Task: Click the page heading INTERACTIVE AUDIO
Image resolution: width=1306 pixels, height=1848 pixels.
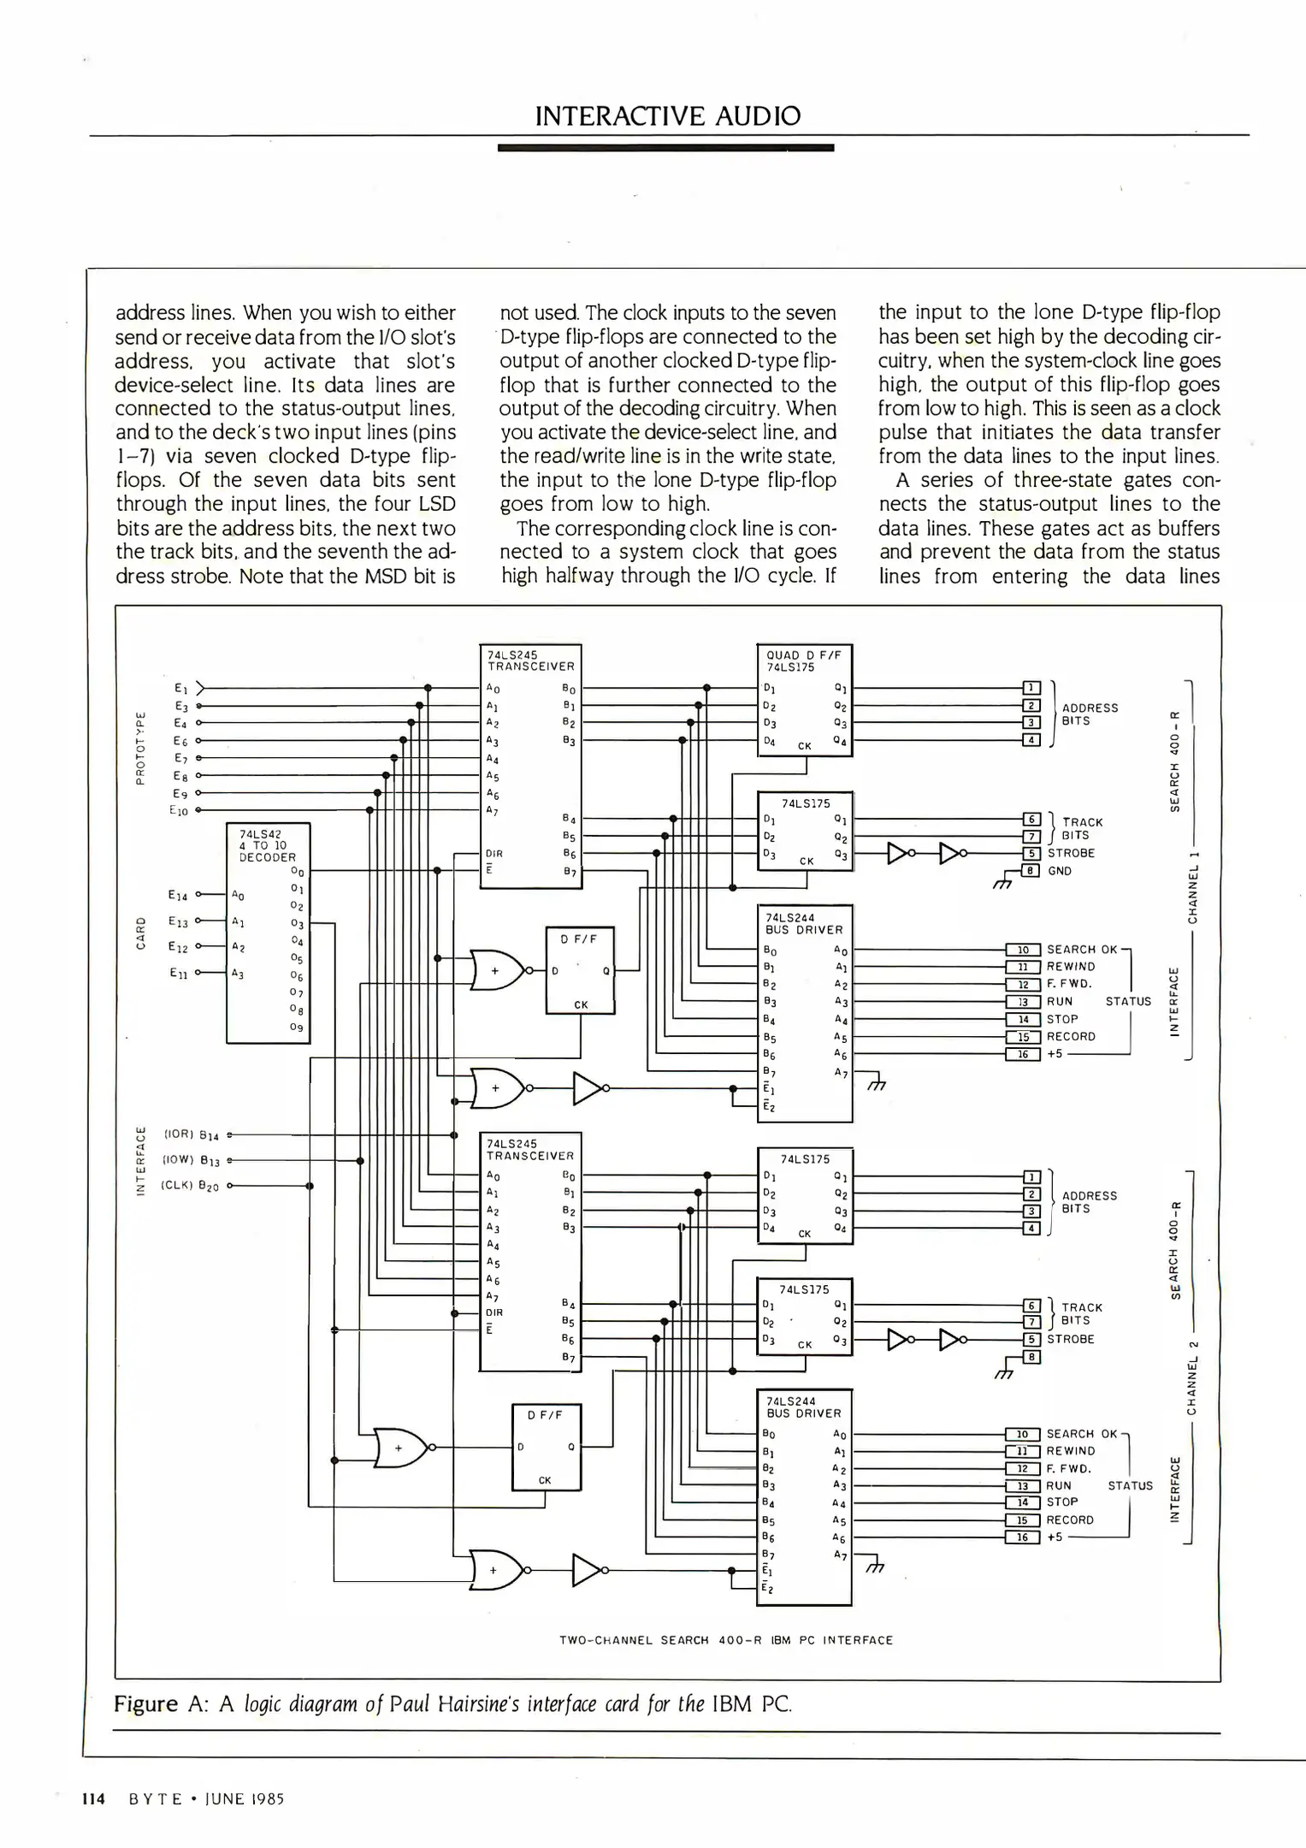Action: coord(668,116)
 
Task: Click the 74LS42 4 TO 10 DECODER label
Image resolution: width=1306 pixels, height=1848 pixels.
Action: coord(268,845)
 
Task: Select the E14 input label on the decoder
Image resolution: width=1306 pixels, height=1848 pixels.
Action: coord(178,896)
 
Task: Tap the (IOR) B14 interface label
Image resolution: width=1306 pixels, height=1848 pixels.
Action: coord(192,1135)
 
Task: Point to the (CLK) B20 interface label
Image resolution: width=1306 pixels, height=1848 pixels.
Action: coord(190,1187)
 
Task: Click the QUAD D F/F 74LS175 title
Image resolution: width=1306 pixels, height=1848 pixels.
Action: coord(803,660)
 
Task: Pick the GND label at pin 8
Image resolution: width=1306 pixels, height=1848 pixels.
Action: coord(1060,871)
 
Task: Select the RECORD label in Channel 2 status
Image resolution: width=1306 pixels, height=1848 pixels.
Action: coord(1070,1519)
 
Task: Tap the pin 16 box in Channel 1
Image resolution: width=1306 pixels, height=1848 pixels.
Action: coord(1023,1054)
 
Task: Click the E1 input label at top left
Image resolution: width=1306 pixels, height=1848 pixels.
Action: coord(180,688)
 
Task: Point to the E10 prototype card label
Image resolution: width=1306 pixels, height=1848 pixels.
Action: coord(178,809)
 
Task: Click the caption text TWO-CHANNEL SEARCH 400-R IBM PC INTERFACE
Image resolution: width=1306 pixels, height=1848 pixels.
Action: coord(725,1640)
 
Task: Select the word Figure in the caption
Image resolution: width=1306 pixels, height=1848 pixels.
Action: coord(145,1703)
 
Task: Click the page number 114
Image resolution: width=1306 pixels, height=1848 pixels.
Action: coord(93,1798)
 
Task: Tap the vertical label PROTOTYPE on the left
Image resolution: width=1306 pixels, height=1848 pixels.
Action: coord(141,747)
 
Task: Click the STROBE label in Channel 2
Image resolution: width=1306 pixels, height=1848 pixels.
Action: coord(1070,1339)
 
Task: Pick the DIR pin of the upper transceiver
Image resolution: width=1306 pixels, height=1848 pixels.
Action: coord(493,854)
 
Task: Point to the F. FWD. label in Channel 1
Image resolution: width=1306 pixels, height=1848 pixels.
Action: coord(1069,984)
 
